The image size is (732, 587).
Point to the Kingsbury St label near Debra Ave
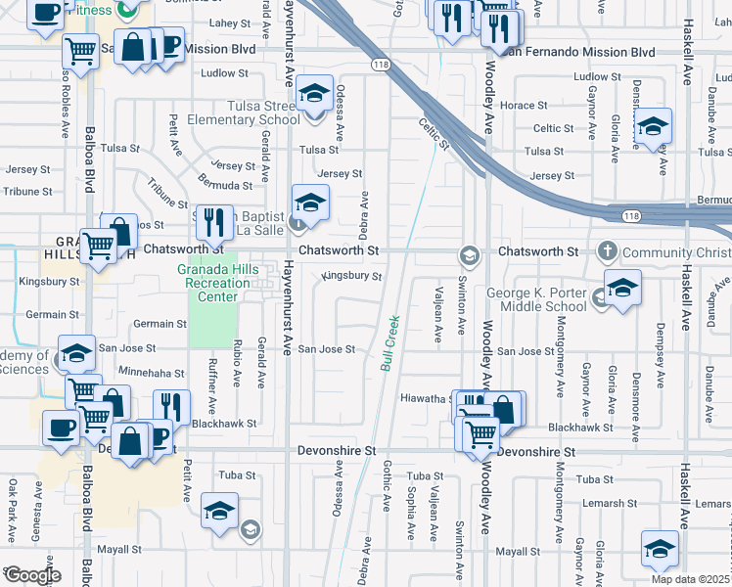click(x=351, y=276)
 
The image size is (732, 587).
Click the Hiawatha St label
click(x=423, y=398)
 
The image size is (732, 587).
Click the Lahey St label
click(x=231, y=23)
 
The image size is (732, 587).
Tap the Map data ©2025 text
click(x=690, y=579)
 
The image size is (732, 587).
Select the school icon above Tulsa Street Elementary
click(x=313, y=94)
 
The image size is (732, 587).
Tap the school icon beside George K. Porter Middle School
click(x=621, y=289)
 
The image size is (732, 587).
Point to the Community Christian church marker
click(x=607, y=251)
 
